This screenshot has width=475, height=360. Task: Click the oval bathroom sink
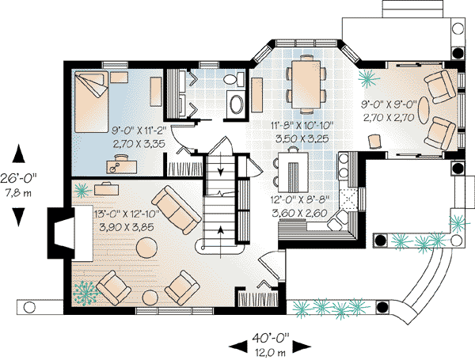[236, 105]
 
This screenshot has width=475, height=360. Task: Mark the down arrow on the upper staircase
[222, 168]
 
